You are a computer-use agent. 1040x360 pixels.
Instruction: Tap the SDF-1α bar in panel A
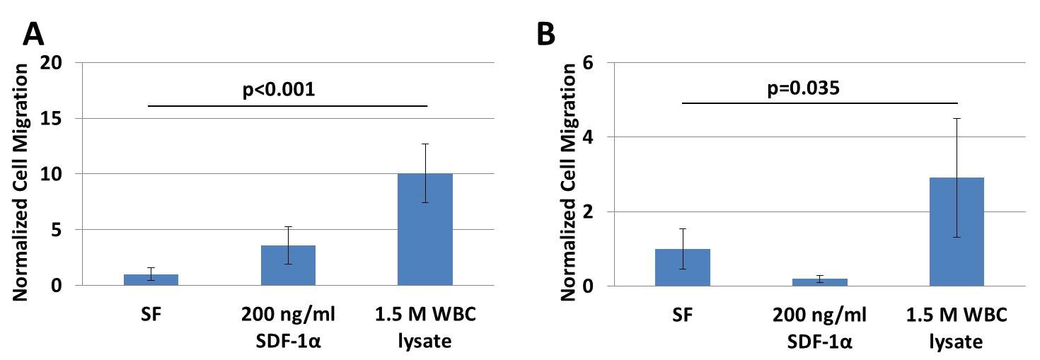coord(289,265)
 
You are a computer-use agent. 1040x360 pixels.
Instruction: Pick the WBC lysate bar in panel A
coord(425,229)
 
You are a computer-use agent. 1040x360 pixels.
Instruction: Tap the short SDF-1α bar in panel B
coord(820,282)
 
